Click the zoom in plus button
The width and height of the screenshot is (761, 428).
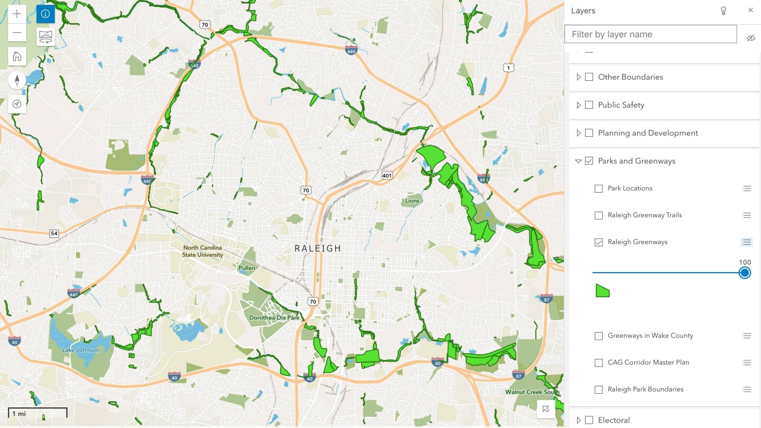tap(17, 14)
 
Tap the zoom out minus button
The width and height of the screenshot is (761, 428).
tap(17, 32)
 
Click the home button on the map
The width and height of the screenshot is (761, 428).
tap(17, 56)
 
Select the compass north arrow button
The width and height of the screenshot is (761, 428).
tap(17, 80)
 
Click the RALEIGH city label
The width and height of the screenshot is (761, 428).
tap(318, 248)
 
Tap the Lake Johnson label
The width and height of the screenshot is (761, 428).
tap(80, 350)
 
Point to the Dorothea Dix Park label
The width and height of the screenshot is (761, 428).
tap(274, 318)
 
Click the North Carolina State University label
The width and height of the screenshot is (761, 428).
tap(203, 252)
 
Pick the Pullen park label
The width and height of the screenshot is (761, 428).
tap(246, 268)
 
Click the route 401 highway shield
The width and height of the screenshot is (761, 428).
tap(387, 175)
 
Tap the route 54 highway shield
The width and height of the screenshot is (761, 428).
tap(54, 233)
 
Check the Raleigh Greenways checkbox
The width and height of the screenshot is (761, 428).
tap(599, 243)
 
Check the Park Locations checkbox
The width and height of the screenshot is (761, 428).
tap(599, 189)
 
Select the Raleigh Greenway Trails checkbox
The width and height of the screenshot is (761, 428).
tap(599, 216)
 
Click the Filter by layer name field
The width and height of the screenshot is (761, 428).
tap(650, 34)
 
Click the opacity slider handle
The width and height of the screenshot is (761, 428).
tap(745, 273)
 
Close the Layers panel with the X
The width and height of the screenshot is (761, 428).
tap(750, 11)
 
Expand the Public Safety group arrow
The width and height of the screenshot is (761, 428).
tap(579, 105)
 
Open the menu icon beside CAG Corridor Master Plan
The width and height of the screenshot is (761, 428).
tap(746, 362)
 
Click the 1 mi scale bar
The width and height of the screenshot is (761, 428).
tap(37, 413)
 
